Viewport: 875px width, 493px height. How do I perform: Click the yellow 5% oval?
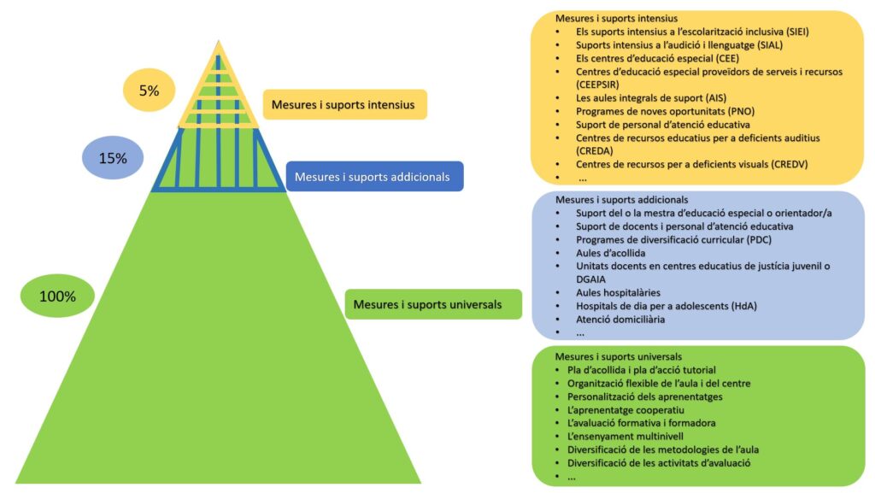pyautogui.click(x=149, y=90)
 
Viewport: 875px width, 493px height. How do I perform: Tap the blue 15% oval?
pyautogui.click(x=112, y=158)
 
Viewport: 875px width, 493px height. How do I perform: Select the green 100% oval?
pyautogui.click(x=57, y=296)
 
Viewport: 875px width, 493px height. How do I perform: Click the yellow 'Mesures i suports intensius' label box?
pyautogui.click(x=344, y=105)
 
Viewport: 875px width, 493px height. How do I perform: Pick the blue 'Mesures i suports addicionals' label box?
pyautogui.click(x=373, y=177)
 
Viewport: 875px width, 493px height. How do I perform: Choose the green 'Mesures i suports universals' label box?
pyautogui.click(x=433, y=304)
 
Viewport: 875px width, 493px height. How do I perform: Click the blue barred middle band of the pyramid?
pyautogui.click(x=220, y=159)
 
